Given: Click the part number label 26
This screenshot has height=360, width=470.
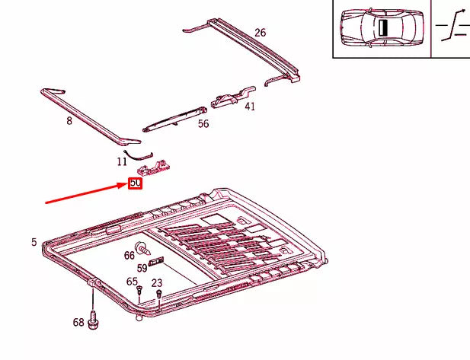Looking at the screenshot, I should pos(261,33).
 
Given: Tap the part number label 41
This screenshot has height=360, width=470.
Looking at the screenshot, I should pos(250,107).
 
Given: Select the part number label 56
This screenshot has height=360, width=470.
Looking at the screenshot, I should pos(203,124).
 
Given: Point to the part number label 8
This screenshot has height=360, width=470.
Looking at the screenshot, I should pos(69,120).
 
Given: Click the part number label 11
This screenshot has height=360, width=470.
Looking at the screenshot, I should pos(122,161).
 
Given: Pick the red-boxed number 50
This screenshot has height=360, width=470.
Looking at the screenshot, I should pos(135,183).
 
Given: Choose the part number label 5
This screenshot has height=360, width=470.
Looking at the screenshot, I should pos(34,242).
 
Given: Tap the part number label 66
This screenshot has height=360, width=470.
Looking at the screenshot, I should pos(129,255).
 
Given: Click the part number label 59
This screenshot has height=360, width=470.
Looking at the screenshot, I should pos(142,268).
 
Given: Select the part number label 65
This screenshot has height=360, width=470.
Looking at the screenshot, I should pos(132,282).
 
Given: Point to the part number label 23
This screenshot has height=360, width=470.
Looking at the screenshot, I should pos(157,283).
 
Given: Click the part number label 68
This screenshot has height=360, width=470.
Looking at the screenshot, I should pos(78,323).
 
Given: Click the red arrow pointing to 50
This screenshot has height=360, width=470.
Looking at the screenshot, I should pos(84,193).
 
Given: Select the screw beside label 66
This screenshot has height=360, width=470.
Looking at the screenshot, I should pos(143,248).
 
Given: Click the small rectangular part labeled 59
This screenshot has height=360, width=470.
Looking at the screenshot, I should pos(157,263).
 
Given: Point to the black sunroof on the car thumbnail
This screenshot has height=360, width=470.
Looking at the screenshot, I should pos(384,27).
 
